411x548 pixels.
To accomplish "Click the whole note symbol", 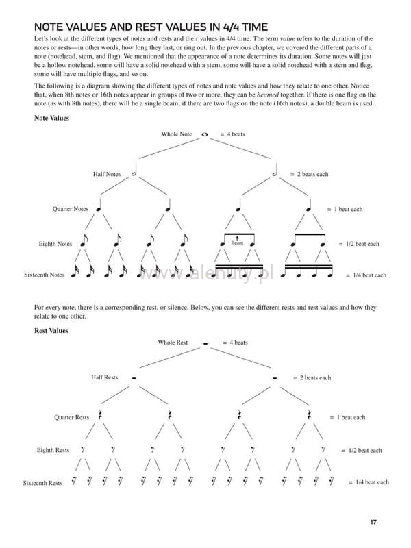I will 205,134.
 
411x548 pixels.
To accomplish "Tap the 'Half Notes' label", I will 107,174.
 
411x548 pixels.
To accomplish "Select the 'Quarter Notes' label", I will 71,209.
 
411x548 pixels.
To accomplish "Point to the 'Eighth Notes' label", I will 55,244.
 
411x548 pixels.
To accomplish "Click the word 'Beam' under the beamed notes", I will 237,242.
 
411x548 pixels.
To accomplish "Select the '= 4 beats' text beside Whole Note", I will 232,134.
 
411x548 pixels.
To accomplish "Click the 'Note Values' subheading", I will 51,118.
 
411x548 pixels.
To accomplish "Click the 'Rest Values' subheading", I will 51,331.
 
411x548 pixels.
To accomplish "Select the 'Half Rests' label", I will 105,377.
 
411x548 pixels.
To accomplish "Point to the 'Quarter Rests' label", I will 72,416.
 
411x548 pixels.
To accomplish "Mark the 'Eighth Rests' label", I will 53,451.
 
